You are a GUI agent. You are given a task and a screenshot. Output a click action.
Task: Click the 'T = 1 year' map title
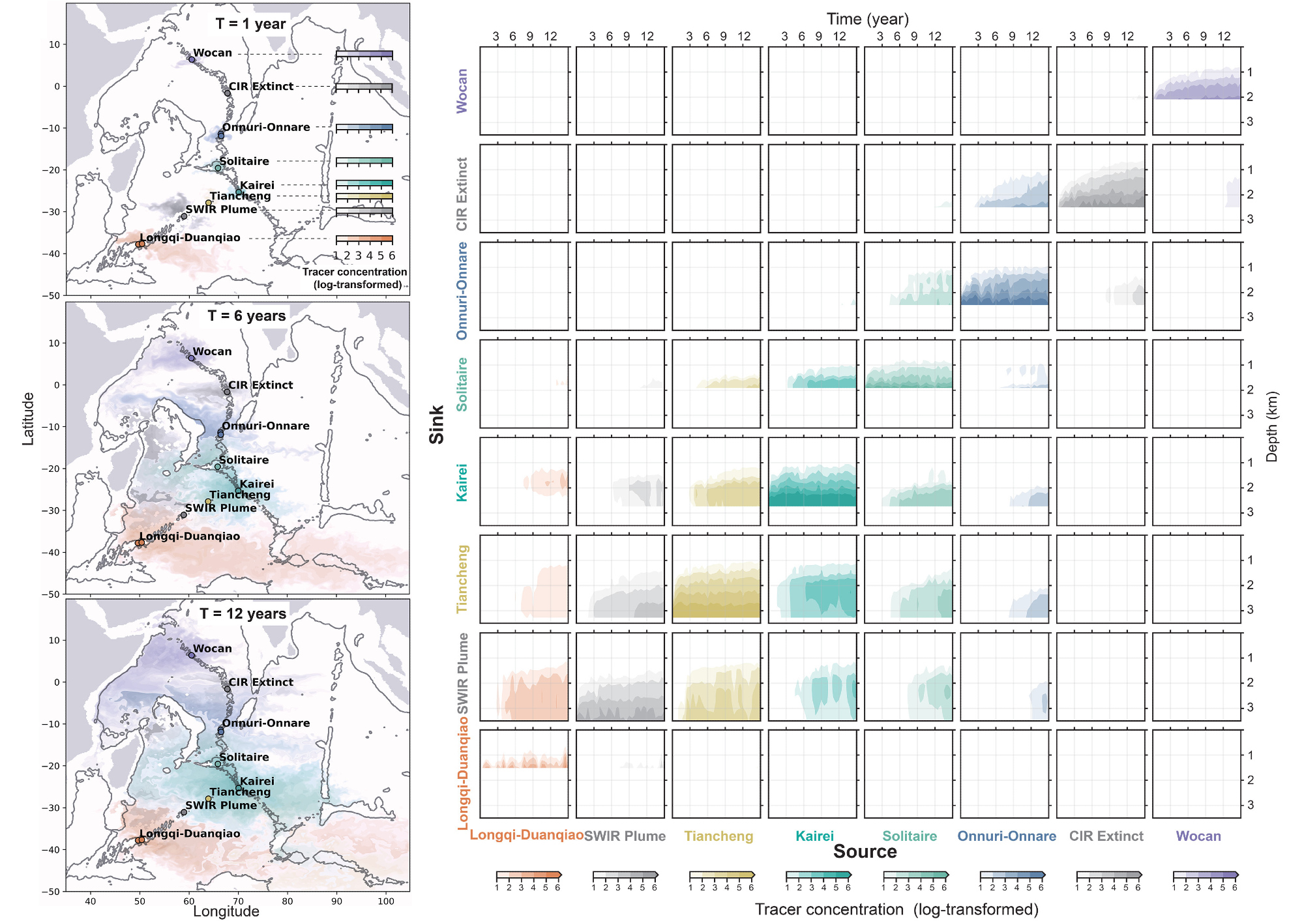[x=250, y=24]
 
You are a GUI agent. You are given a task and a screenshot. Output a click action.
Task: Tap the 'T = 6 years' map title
[x=246, y=316]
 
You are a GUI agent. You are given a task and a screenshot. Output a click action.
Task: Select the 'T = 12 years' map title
[x=243, y=614]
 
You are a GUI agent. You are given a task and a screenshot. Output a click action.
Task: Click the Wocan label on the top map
[x=213, y=53]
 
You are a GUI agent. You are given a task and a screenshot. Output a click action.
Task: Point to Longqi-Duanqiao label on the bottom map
[x=190, y=834]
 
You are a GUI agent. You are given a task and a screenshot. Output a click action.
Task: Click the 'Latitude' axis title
[x=28, y=418]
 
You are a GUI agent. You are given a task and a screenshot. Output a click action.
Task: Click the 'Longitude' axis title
[x=226, y=911]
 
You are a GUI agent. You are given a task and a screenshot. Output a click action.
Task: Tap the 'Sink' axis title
[x=436, y=424]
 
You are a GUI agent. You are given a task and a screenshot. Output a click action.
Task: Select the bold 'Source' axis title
[x=865, y=852]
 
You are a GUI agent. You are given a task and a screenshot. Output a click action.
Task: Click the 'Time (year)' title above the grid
[x=867, y=20]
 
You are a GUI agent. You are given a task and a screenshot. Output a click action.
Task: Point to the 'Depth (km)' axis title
[x=1271, y=426]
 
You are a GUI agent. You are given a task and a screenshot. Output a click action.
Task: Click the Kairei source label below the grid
[x=814, y=836]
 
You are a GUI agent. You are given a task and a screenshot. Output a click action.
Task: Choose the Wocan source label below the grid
[x=1198, y=836]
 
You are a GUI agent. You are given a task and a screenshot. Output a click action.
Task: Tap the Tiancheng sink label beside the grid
[x=462, y=579]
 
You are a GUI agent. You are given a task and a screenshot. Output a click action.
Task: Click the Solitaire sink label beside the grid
[x=462, y=384]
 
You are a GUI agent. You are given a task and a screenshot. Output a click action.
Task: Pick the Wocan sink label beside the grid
[x=462, y=91]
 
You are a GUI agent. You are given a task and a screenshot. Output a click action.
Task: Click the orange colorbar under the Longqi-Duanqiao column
[x=528, y=875]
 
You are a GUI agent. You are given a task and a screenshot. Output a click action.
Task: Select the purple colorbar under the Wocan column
[x=1205, y=875]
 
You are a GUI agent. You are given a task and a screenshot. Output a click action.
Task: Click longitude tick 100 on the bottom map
[x=386, y=901]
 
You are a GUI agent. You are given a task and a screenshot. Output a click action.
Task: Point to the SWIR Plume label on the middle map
[x=221, y=508]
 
